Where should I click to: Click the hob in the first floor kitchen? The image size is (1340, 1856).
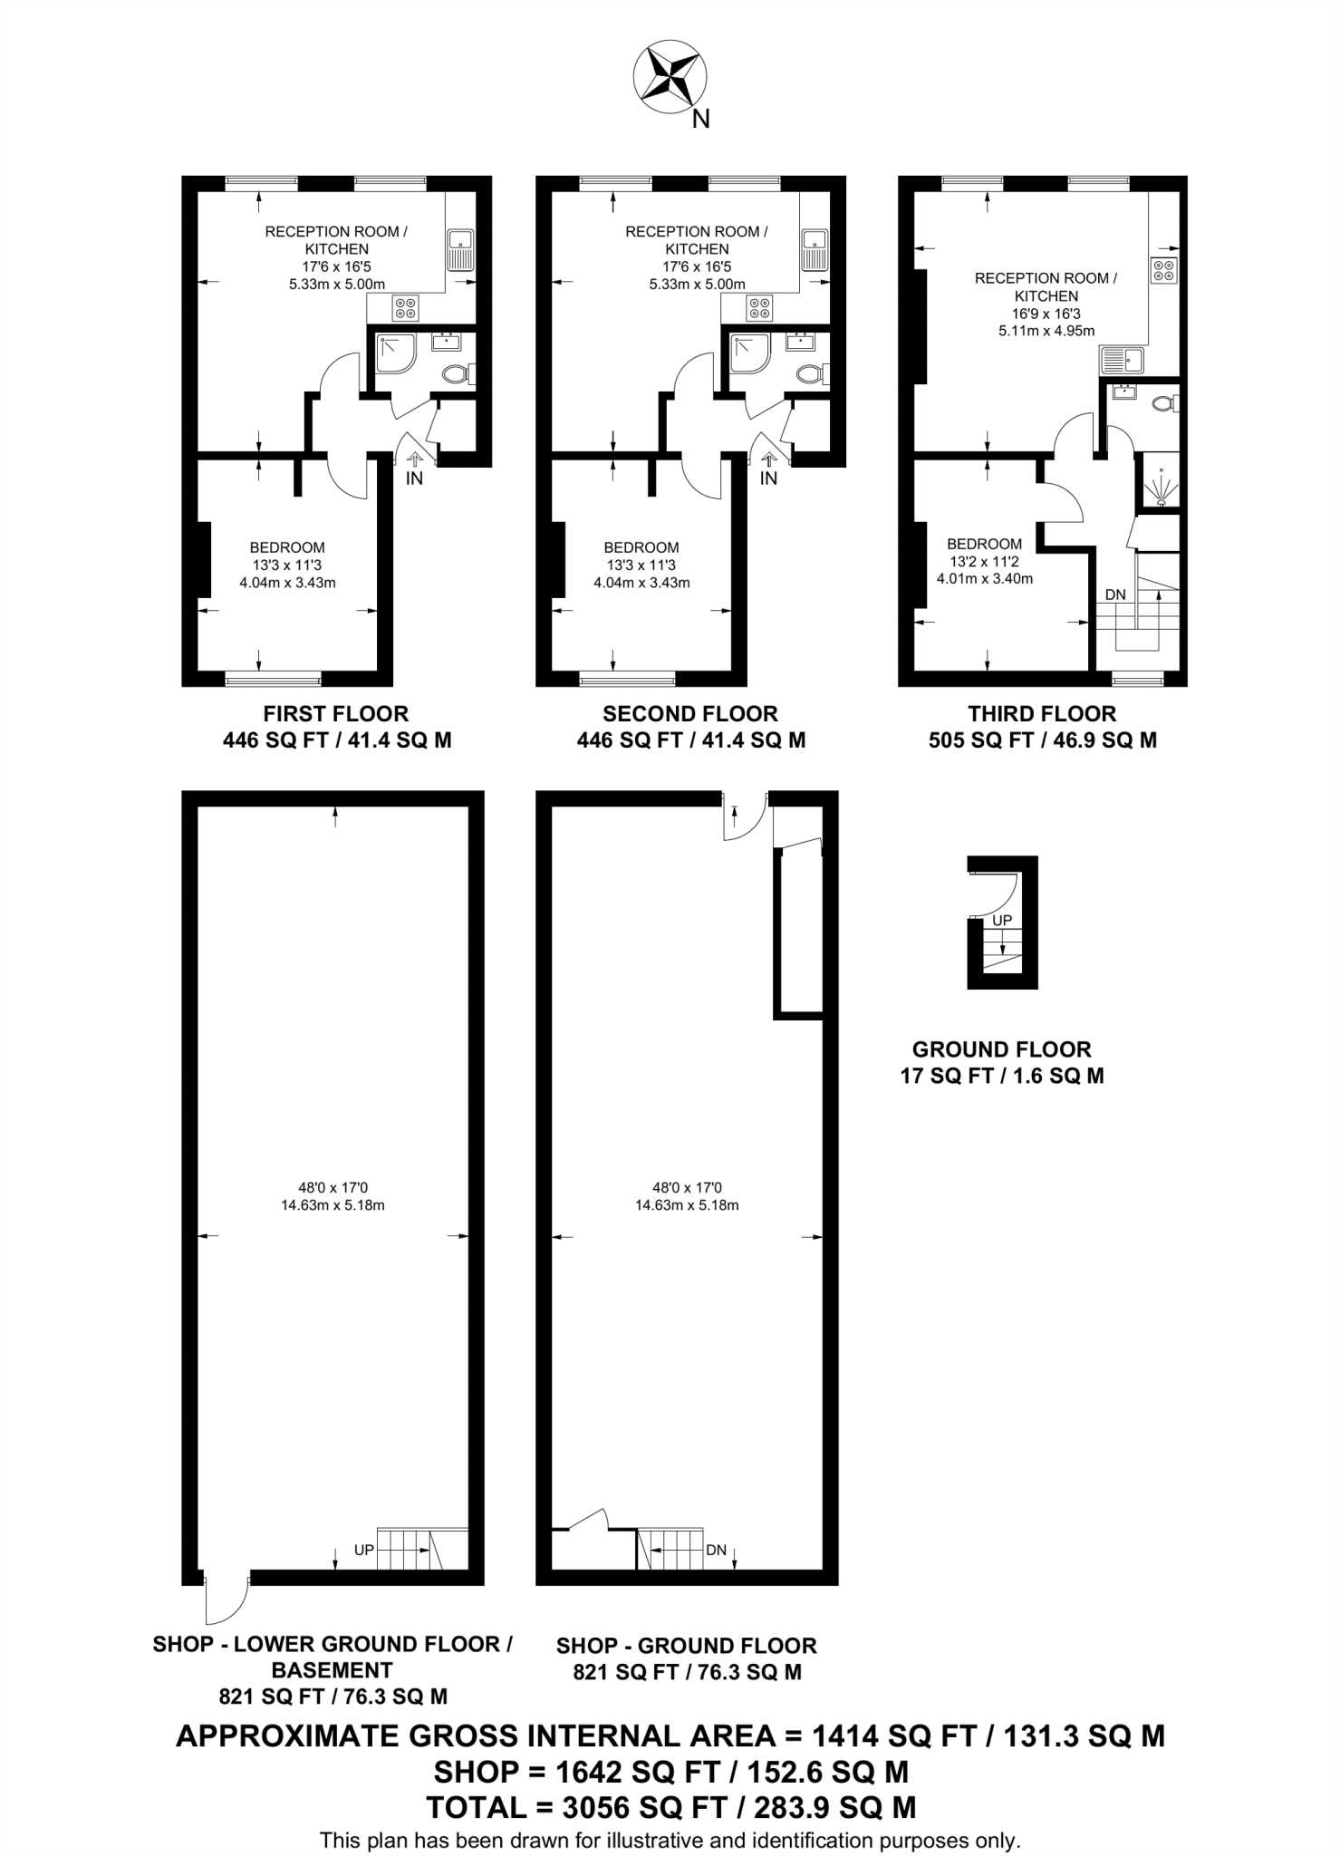point(405,308)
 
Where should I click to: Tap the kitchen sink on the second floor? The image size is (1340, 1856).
point(815,249)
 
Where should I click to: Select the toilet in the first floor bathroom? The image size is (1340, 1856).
point(457,372)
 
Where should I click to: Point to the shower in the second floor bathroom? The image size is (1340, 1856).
point(750,353)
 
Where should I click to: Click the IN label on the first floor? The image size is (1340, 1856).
point(414,478)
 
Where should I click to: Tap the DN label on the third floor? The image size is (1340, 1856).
point(1115,594)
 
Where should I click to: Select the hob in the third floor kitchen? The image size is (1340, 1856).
point(1163,270)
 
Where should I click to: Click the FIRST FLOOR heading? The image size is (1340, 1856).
point(336,713)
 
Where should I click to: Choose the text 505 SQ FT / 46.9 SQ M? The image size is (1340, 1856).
point(1042,740)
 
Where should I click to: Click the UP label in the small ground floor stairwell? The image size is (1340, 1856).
point(1002,920)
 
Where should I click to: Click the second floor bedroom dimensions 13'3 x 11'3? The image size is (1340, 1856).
point(641,565)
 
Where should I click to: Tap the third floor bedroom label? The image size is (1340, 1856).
point(984,544)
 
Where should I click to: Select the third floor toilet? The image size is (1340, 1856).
point(1164,403)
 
